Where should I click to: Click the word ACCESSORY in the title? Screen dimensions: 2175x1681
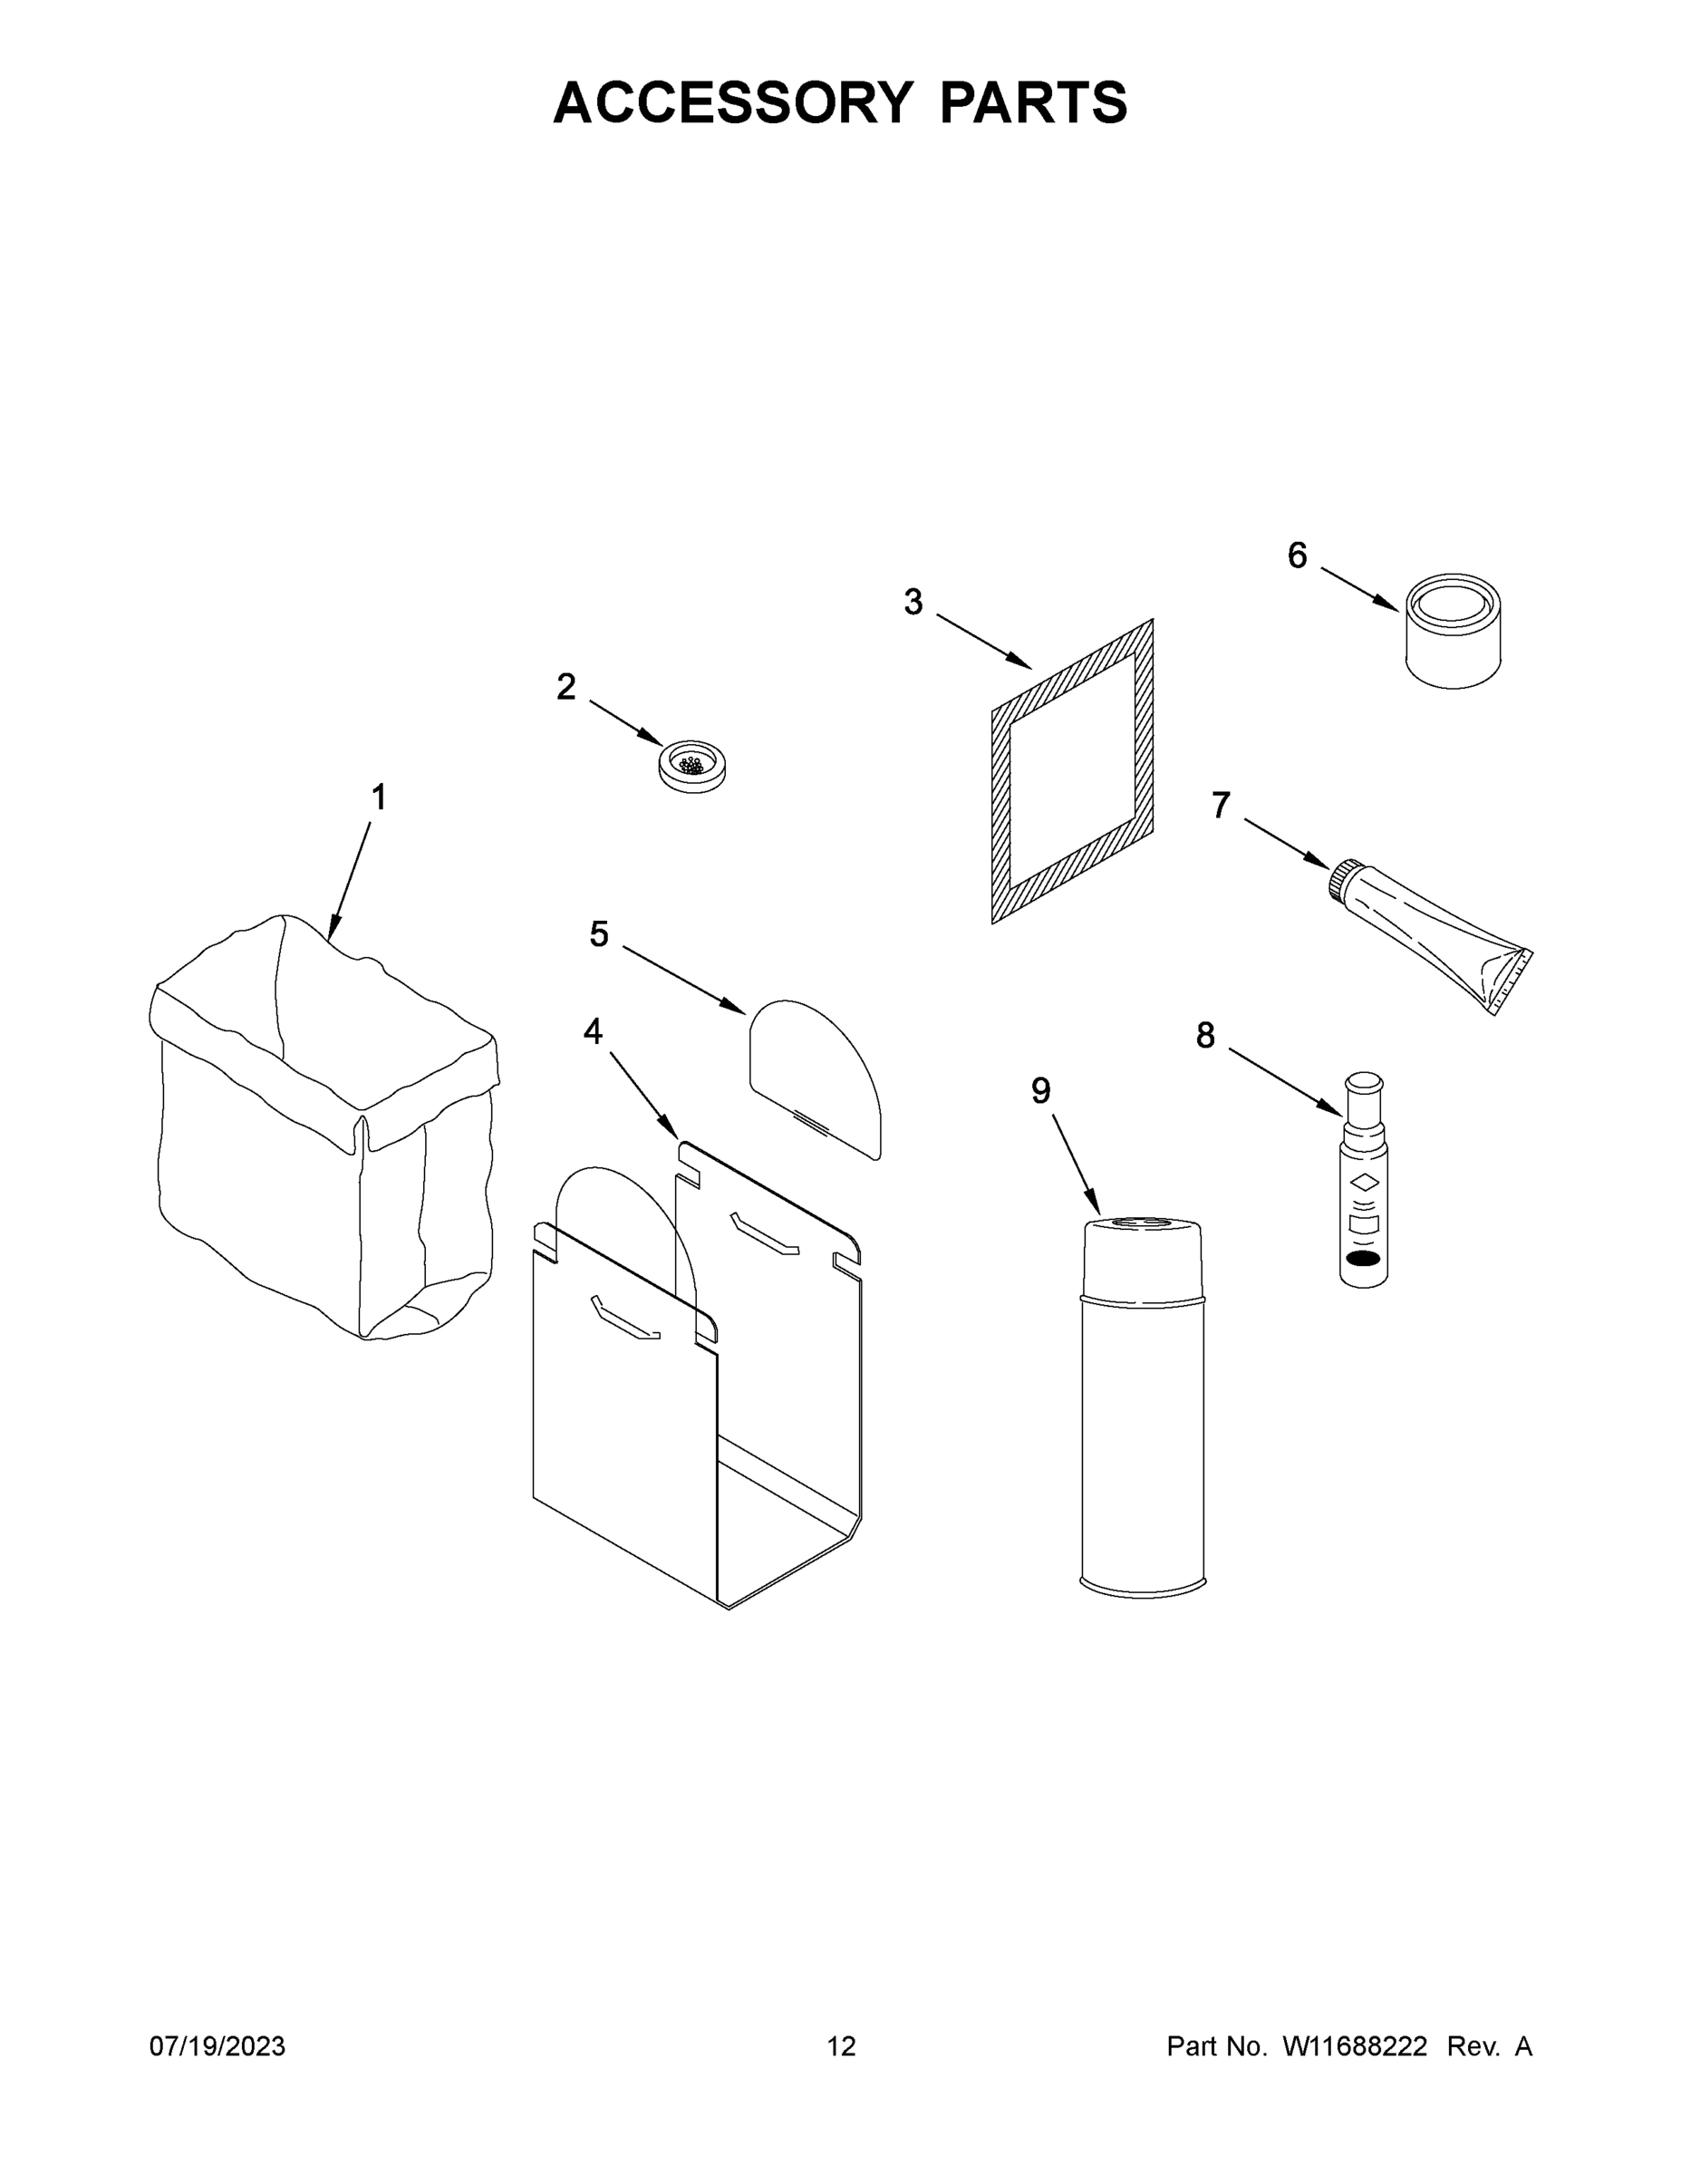point(732,102)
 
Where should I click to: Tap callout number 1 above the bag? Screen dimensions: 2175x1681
point(379,797)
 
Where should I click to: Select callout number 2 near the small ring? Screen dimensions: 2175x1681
point(565,686)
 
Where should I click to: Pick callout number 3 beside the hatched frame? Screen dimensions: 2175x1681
point(913,602)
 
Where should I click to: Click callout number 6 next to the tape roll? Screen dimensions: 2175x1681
point(1297,556)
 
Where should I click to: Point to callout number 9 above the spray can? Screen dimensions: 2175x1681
point(1040,1091)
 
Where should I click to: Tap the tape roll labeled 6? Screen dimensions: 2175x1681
point(1453,631)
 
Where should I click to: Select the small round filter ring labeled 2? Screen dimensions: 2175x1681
point(692,767)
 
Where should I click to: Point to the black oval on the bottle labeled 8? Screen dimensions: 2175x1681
point(1362,1259)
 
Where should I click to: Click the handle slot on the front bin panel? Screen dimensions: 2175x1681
point(624,1319)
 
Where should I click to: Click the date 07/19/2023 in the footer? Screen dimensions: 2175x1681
point(217,2045)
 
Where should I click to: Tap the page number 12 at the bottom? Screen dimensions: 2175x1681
point(841,2045)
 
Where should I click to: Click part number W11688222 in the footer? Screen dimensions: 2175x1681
point(1355,2045)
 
